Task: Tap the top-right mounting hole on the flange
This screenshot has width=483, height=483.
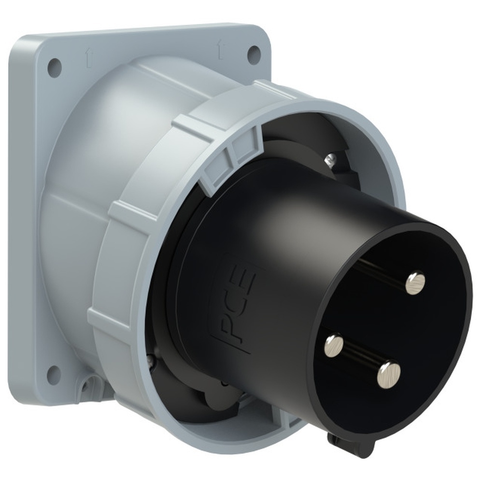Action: click(254, 52)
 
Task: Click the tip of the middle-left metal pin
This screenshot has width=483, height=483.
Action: click(334, 345)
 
